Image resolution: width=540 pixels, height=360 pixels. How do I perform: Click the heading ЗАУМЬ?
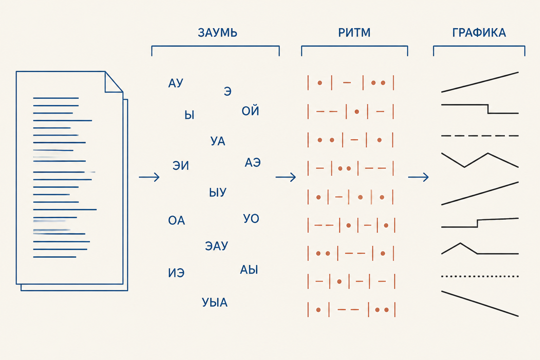(218, 33)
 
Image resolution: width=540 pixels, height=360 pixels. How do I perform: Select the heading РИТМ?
(354, 33)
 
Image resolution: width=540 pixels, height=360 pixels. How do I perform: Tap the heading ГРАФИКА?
(479, 33)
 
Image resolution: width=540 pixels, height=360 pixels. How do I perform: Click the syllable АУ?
(175, 83)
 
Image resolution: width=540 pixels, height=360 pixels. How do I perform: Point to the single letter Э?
(227, 91)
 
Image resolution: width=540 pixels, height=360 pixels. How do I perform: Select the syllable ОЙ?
(250, 111)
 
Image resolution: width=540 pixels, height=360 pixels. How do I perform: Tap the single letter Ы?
(189, 115)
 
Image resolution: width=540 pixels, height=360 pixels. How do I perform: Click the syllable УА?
(218, 141)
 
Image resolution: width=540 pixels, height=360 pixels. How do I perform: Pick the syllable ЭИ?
(181, 166)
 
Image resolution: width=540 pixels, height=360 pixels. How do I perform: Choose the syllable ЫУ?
(218, 192)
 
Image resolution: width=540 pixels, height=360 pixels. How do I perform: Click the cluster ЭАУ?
(217, 246)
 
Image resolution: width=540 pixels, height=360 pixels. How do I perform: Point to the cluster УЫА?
(214, 302)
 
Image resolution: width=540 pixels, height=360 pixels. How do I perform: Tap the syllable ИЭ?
(176, 273)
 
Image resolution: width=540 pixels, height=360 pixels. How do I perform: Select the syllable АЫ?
(249, 270)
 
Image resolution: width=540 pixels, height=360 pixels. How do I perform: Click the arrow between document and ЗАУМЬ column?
(149, 177)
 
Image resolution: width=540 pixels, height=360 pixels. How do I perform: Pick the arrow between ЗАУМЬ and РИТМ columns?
(286, 177)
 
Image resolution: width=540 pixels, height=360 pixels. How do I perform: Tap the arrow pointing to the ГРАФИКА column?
(418, 177)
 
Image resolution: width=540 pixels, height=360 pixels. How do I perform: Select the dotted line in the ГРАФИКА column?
(480, 276)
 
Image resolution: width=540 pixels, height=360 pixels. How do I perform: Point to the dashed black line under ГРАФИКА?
(480, 136)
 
